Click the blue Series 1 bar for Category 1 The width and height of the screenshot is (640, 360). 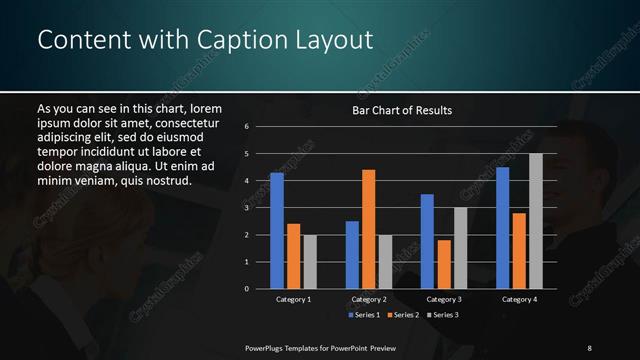click(x=277, y=231)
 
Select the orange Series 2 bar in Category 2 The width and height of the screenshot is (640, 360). click(x=369, y=229)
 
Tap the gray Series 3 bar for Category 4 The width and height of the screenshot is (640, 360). click(x=536, y=221)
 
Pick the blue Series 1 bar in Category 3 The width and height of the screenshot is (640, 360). click(x=427, y=241)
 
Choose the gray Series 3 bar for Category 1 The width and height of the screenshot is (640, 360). click(x=310, y=262)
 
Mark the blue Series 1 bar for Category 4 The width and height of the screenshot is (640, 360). click(x=502, y=228)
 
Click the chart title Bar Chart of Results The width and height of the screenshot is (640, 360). click(x=402, y=110)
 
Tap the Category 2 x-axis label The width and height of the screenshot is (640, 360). click(x=369, y=299)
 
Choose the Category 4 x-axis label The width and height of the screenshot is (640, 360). click(x=519, y=299)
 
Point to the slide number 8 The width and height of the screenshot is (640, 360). click(x=589, y=347)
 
